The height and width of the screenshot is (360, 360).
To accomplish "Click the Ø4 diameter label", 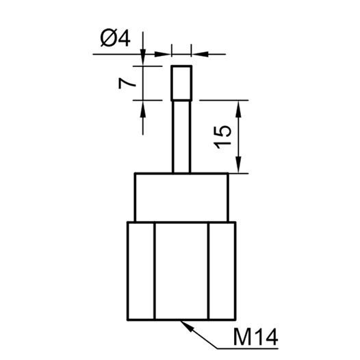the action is (115, 38).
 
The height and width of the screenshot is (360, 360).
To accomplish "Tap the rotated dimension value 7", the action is (127, 83).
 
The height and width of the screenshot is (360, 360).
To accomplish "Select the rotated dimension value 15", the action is (222, 137).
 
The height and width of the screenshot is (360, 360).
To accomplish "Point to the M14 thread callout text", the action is (255, 337).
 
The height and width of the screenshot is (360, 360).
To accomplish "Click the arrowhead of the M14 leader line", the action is (186, 325).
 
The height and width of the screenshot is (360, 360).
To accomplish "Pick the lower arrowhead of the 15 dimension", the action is (239, 165).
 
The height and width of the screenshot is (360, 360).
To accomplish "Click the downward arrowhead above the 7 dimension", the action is (143, 57).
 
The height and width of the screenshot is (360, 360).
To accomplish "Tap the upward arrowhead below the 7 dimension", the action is (143, 109).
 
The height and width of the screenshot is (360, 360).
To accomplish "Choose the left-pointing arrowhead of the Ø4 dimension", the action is (200, 55).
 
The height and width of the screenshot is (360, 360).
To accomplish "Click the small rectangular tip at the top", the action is (181, 83).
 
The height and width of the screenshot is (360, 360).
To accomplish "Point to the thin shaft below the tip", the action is (181, 137).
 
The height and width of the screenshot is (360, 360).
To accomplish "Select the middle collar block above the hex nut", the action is (181, 198).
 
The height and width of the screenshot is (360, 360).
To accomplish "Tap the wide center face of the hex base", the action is (181, 271).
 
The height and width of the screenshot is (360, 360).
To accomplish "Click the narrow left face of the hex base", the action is (141, 271).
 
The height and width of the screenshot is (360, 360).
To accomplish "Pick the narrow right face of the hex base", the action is (222, 271).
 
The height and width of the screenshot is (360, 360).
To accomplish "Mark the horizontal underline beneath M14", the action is (248, 349).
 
